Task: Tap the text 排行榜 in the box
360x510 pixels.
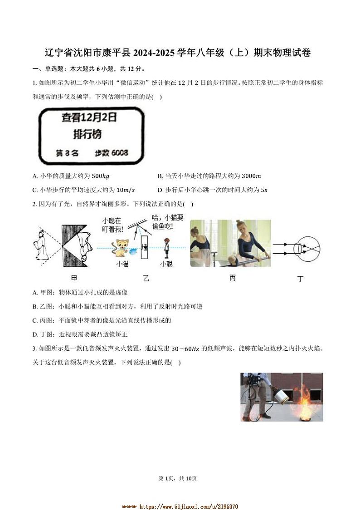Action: click(x=88, y=134)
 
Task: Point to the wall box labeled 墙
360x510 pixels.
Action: click(x=145, y=247)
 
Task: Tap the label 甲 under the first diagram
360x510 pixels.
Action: click(x=74, y=278)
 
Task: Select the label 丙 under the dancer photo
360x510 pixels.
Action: click(x=232, y=278)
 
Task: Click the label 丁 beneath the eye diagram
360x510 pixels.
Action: click(x=300, y=279)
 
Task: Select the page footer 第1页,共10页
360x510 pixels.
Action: click(x=180, y=478)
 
